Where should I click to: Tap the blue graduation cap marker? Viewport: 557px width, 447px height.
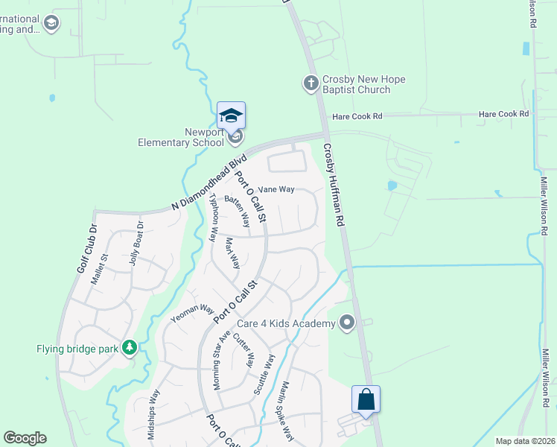click(231, 115)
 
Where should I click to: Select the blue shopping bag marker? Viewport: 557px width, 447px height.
click(366, 399)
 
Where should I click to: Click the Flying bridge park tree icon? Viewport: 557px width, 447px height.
click(130, 348)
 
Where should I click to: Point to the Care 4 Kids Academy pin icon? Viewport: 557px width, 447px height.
click(346, 323)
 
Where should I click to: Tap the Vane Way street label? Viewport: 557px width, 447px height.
click(276, 189)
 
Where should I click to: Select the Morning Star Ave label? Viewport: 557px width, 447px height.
click(218, 357)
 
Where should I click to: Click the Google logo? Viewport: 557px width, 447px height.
click(25, 438)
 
